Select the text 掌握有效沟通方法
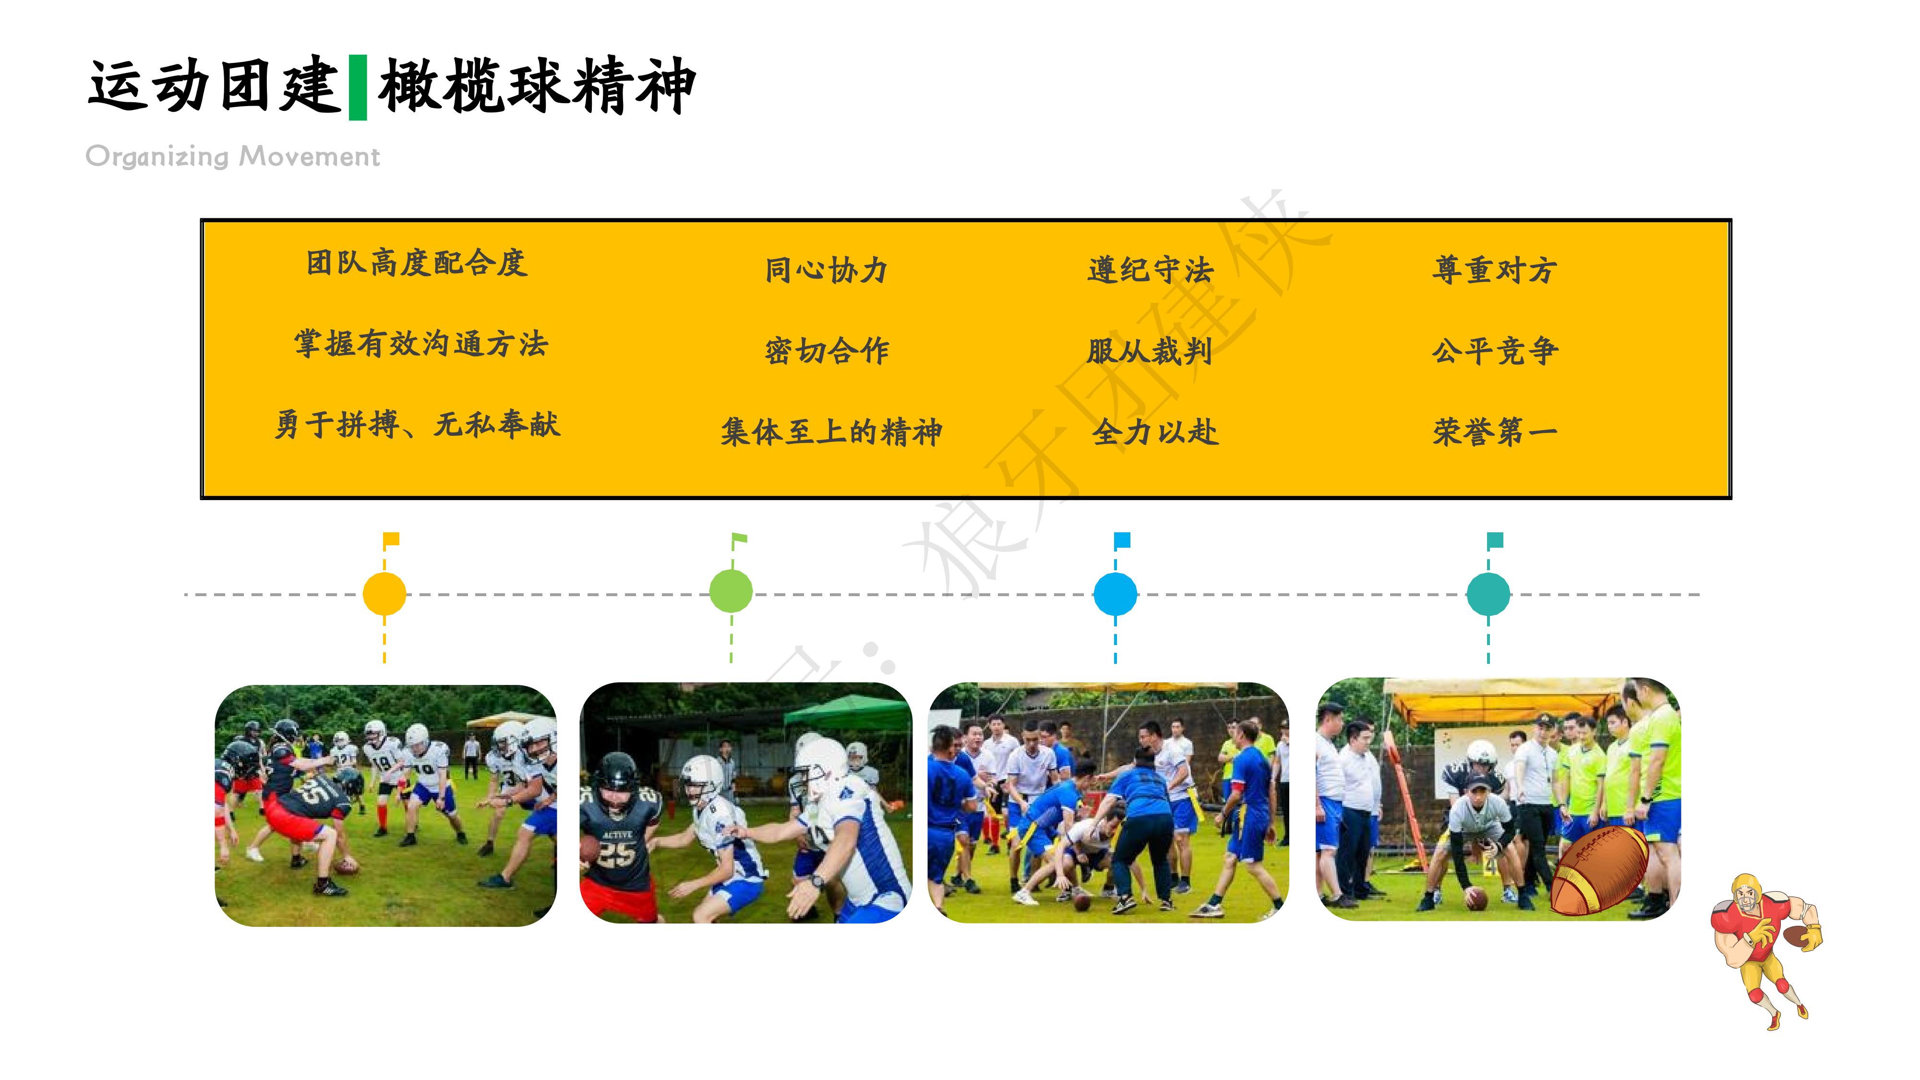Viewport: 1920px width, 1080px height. [421, 344]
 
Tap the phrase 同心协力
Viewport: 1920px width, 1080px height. [826, 270]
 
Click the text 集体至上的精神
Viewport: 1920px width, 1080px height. [831, 432]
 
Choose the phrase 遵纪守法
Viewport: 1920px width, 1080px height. [1150, 270]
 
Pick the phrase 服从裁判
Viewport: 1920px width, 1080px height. [1149, 350]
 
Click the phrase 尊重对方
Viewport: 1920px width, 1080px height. [1494, 270]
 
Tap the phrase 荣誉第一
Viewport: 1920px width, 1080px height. [1494, 432]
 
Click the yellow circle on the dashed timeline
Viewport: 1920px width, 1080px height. [384, 594]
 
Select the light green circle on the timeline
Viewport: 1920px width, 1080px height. [731, 591]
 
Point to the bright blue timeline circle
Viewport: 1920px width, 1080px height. [1115, 594]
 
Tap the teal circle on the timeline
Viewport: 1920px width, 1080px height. [1488, 594]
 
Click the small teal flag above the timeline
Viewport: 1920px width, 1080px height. [1495, 540]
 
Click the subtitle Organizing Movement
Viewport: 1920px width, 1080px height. [232, 156]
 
